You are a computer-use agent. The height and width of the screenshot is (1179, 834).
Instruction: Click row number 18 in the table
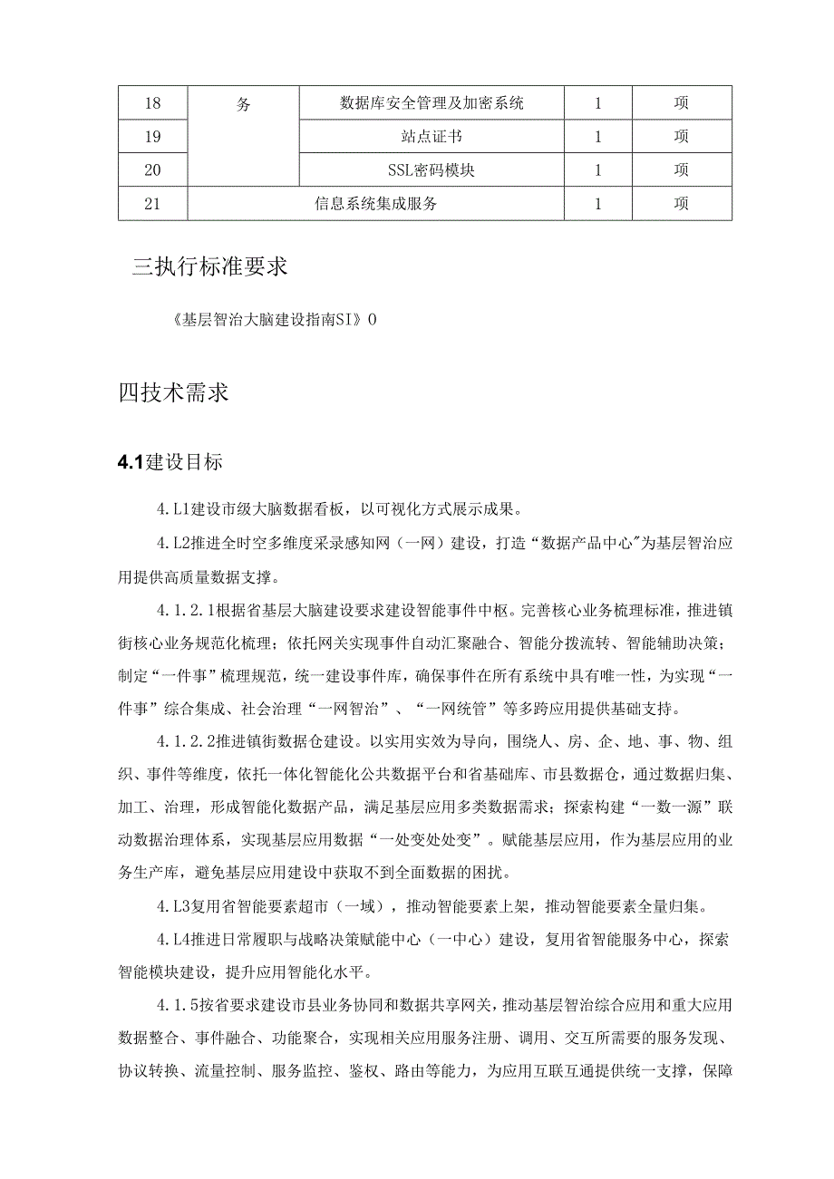click(152, 103)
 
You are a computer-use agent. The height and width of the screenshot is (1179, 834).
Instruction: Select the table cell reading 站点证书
click(432, 137)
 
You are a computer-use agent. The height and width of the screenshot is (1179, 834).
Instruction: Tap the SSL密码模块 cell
click(432, 170)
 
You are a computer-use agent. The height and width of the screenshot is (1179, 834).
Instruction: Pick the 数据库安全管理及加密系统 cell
click(432, 103)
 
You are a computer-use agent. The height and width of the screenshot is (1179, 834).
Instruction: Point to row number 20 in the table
click(152, 170)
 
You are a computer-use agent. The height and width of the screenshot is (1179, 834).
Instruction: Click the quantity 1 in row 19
click(597, 137)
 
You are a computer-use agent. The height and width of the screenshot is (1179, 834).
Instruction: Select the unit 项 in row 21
click(681, 204)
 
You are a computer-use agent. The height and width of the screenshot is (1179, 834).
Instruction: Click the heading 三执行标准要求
click(210, 267)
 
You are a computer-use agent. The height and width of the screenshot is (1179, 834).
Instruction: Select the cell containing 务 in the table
click(243, 103)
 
